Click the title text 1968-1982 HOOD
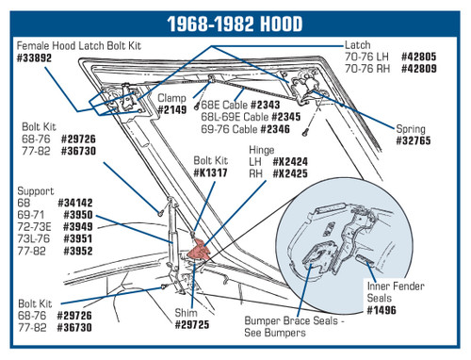click(x=235, y=24)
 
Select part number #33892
click(x=34, y=58)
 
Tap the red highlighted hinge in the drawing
click(x=199, y=250)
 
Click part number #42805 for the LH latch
click(x=419, y=57)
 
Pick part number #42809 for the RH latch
click(x=419, y=69)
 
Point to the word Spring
click(x=411, y=129)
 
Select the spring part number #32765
click(x=414, y=140)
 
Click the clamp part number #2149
click(x=172, y=110)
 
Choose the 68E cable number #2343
click(x=266, y=105)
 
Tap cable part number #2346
click(x=275, y=129)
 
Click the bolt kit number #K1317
click(x=210, y=172)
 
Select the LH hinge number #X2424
click(x=290, y=162)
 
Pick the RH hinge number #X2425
click(x=290, y=173)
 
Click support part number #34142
click(x=75, y=203)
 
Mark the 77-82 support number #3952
click(x=78, y=251)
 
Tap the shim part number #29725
click(x=192, y=325)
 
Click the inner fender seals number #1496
click(x=382, y=310)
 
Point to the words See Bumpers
click(x=275, y=333)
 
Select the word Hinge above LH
click(x=262, y=150)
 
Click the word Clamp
click(x=171, y=98)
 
